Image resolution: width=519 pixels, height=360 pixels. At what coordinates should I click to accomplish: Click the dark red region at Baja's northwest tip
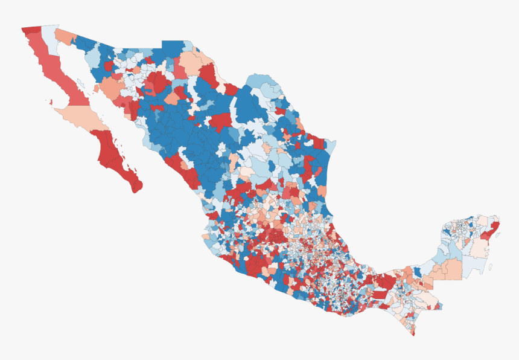tap(30, 29)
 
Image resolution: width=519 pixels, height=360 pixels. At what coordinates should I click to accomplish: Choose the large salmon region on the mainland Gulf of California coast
tap(111, 88)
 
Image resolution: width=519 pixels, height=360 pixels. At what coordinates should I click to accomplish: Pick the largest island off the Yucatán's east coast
tap(490, 266)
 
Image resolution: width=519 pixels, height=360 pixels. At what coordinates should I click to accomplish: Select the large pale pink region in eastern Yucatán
tap(480, 248)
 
